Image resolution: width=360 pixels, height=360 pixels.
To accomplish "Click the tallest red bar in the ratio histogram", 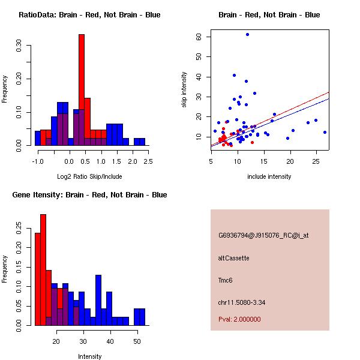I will pos(82,90).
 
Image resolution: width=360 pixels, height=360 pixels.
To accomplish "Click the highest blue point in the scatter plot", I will pos(247,35).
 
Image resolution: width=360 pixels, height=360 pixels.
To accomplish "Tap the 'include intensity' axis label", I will pos(269,176).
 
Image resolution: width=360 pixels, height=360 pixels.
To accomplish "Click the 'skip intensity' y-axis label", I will pos(184,90).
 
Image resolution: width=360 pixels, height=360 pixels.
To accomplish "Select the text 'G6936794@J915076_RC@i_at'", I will pos(263,236).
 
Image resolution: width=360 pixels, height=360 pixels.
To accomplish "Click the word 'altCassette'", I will pos(233,258).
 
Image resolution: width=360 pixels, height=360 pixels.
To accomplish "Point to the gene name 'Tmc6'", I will pos(226,280).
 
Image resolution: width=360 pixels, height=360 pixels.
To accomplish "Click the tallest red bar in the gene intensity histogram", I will pos(43,270).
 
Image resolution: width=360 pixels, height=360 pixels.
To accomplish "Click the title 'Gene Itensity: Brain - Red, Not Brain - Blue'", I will pos(89,195).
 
